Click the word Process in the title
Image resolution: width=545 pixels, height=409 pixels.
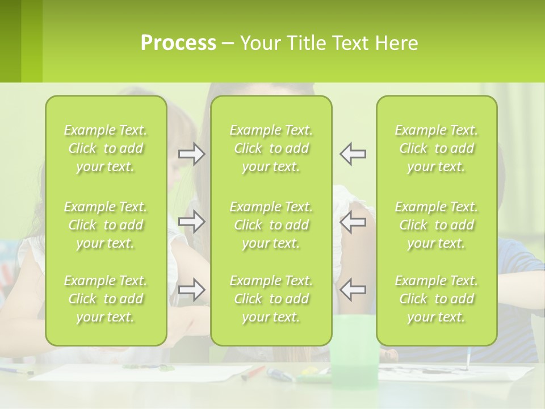click(178, 43)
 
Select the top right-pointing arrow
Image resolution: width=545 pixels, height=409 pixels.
click(191, 154)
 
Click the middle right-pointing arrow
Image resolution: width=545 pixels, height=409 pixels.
click(191, 222)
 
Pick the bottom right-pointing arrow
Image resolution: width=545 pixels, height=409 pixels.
click(191, 289)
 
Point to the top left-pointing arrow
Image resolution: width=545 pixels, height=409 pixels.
click(353, 154)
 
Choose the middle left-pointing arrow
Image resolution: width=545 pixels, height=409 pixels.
click(353, 222)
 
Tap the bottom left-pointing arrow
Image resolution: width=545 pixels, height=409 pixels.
click(353, 289)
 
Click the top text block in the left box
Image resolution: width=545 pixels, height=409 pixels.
click(106, 148)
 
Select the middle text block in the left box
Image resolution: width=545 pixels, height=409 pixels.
click(106, 225)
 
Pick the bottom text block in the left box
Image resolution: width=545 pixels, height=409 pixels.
click(106, 299)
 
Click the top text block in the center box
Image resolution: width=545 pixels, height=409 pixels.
click(271, 148)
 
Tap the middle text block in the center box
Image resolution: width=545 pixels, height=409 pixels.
click(271, 225)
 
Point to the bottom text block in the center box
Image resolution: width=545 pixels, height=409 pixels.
click(271, 299)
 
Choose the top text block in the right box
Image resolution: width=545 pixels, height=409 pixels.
click(436, 148)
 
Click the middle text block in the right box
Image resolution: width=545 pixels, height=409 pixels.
click(436, 225)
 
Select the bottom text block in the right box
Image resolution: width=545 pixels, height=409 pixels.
click(436, 299)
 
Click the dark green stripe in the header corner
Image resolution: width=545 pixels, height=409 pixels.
click(10, 41)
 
